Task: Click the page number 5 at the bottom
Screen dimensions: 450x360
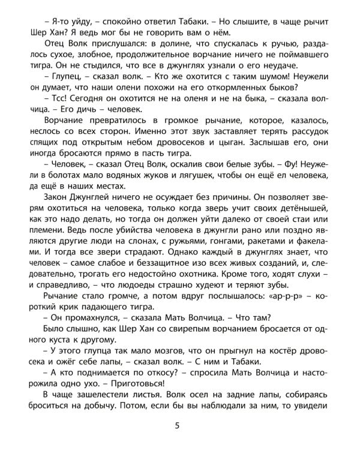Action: pos(177,427)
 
